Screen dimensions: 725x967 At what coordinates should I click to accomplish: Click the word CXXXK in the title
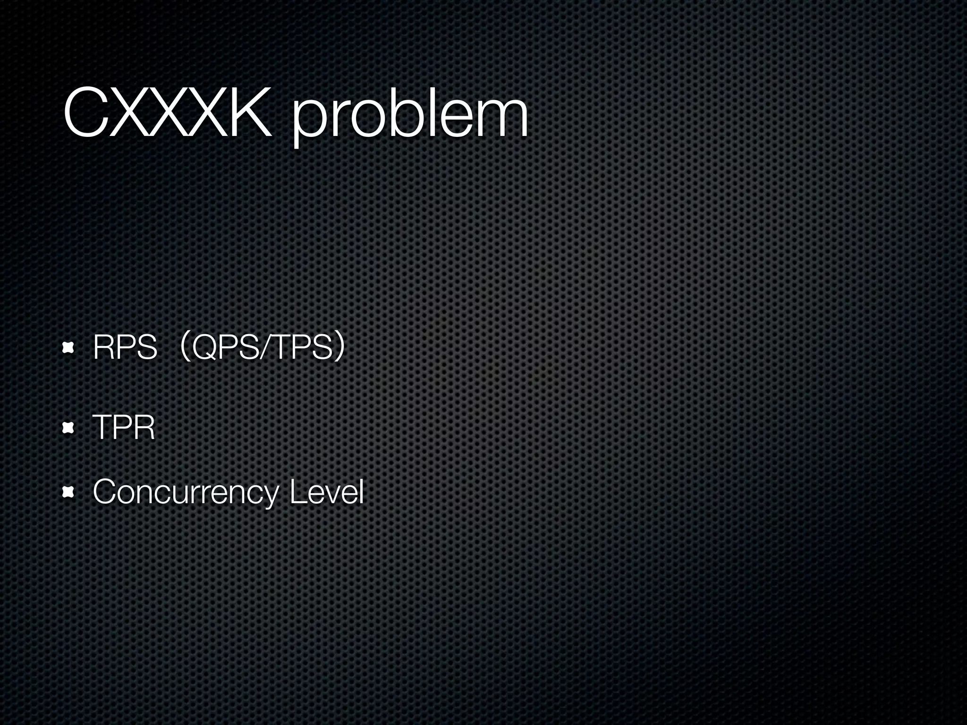click(x=168, y=113)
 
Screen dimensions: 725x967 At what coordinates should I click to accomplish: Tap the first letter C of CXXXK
click(x=88, y=113)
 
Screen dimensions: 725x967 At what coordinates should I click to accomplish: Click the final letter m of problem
click(x=502, y=118)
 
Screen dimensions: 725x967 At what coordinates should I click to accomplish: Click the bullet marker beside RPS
click(x=68, y=348)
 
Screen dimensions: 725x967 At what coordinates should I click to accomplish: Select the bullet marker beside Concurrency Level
click(x=68, y=493)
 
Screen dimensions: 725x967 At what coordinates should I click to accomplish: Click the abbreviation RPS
click(x=125, y=348)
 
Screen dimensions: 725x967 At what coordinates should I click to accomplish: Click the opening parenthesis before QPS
click(x=186, y=348)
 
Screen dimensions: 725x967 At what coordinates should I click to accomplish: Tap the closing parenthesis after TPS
click(x=339, y=348)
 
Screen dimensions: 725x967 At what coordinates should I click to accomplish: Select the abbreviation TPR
click(x=124, y=428)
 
